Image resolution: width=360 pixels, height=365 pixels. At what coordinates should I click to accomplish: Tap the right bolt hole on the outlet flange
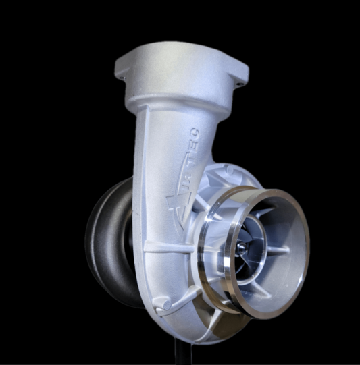coord(238,85)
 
